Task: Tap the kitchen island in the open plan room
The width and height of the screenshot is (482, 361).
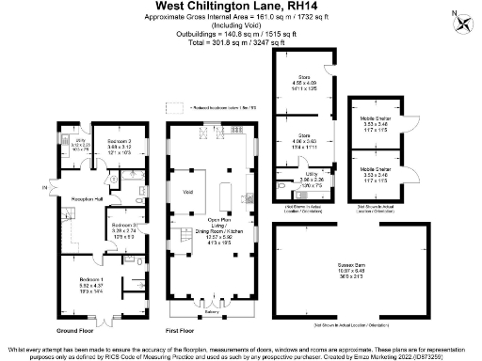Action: tap(225, 194)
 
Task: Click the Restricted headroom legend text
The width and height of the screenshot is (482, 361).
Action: tap(217, 108)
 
